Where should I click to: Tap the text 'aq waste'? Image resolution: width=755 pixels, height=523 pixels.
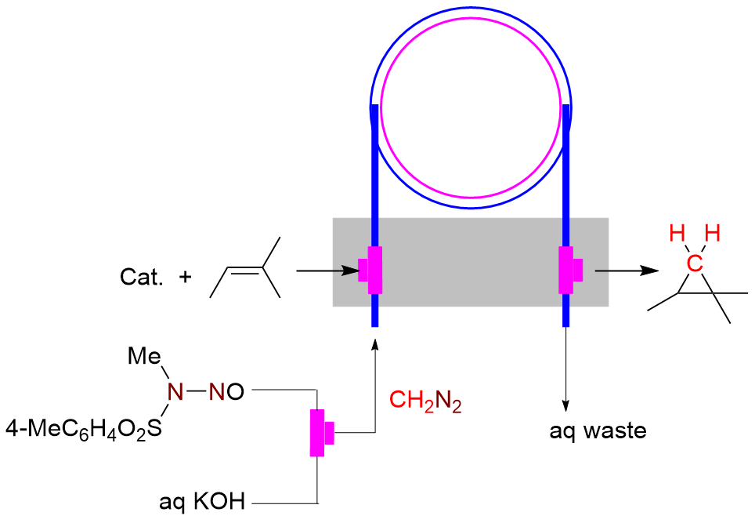pos(597,430)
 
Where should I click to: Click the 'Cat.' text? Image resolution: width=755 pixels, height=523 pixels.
pos(142,277)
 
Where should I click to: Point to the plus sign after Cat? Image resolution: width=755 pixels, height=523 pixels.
pos(185,276)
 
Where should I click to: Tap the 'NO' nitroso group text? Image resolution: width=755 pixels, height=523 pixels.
pos(226,390)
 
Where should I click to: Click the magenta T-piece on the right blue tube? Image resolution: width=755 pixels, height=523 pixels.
pos(569,270)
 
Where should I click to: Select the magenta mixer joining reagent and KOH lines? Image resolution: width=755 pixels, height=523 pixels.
pos(320,432)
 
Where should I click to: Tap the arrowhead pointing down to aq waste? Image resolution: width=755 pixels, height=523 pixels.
pos(565,401)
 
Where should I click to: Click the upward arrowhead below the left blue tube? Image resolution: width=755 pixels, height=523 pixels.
pos(375,343)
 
